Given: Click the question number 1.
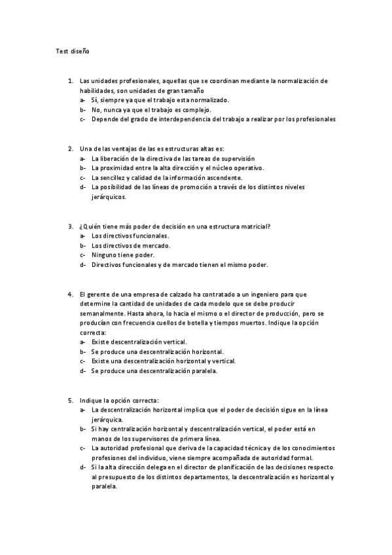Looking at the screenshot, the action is (x=70, y=81).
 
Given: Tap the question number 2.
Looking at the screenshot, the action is (x=70, y=149).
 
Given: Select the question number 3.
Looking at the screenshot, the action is (x=70, y=226).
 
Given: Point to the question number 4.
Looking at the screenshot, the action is (x=70, y=295).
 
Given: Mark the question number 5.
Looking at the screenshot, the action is (x=70, y=400).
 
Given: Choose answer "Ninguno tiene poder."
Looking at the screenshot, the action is (x=123, y=255).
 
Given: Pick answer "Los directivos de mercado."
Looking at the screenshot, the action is (x=131, y=245).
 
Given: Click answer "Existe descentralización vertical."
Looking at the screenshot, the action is (x=139, y=342).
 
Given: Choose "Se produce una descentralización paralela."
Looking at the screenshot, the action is (x=154, y=370).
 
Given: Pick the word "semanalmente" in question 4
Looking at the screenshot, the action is (x=100, y=313).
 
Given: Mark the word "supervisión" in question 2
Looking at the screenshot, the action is (x=237, y=158).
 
